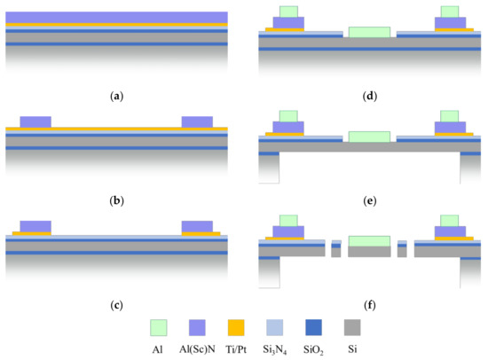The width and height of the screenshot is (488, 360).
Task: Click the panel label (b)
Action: click(116, 200)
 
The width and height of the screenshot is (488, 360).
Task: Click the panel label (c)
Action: click(116, 306)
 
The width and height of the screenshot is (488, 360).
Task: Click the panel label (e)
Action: click(368, 200)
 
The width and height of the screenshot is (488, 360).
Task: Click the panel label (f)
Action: click(368, 306)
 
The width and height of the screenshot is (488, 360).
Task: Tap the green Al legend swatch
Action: click(161, 325)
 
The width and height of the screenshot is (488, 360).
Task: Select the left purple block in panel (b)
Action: click(35, 121)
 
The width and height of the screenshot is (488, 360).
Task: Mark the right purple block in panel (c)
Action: click(197, 225)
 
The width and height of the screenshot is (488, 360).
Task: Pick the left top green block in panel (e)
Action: click(288, 115)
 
